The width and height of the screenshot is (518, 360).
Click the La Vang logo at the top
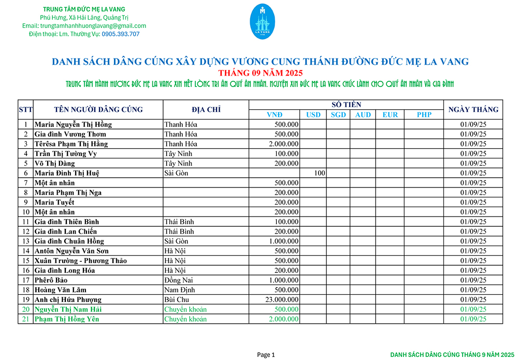[263, 21]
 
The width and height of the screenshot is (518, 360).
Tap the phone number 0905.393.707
[121, 34]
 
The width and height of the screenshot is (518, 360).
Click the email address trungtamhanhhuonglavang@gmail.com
[84, 26]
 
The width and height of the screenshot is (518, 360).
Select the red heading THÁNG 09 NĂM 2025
[260, 73]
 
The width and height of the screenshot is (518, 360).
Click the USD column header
[313, 114]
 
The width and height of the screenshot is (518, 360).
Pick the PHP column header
[424, 114]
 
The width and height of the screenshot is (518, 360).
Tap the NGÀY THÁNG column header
[473, 109]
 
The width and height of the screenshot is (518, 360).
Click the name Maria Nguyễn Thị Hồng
[73, 124]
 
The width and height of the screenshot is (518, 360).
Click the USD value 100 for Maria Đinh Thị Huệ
[319, 173]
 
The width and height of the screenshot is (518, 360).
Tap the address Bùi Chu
[177, 299]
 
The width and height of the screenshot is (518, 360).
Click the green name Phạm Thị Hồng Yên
[67, 319]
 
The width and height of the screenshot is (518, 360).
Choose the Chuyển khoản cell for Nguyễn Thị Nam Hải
[185, 309]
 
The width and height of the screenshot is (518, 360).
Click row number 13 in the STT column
[25, 241]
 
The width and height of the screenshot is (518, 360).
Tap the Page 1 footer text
[266, 355]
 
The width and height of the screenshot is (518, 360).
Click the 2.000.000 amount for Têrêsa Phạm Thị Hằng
[284, 144]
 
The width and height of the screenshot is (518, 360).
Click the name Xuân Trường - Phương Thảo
[80, 261]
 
